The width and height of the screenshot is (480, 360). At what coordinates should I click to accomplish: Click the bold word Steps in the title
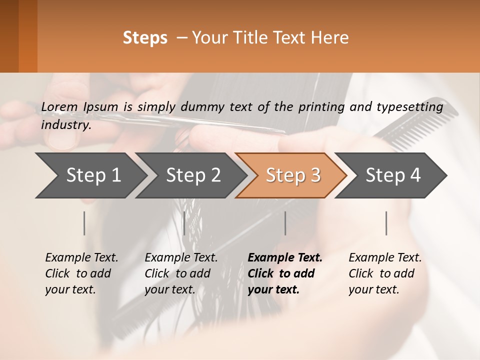(145, 38)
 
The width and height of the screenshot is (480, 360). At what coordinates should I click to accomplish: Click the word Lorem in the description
(59, 106)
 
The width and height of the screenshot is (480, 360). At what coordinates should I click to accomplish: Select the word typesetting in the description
(412, 106)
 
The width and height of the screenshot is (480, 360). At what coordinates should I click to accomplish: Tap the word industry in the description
(65, 125)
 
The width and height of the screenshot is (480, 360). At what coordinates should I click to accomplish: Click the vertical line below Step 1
(84, 223)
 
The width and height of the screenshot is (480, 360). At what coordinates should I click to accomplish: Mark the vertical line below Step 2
(184, 223)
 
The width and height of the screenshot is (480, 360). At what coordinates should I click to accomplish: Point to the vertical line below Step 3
(285, 223)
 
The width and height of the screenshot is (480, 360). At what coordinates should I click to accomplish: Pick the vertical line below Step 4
(386, 223)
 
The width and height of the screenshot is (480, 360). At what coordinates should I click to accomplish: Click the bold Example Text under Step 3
(285, 258)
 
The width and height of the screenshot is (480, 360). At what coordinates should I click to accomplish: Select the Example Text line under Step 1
(81, 258)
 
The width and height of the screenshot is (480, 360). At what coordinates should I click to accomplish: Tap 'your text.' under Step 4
(373, 289)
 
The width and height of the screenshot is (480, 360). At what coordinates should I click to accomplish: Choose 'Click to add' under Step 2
(177, 273)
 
